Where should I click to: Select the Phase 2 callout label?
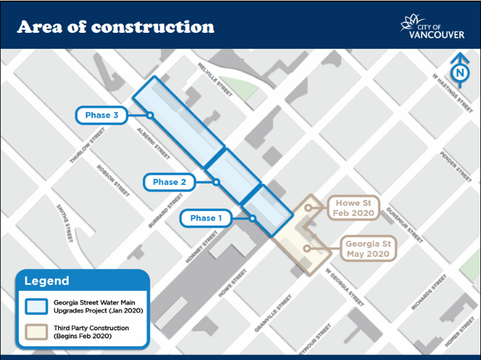click(169, 182)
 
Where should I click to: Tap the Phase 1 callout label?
click(206, 218)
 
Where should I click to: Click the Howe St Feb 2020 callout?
click(355, 208)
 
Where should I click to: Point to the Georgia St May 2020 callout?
click(368, 249)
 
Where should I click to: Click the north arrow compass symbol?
click(459, 70)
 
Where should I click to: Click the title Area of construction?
click(116, 27)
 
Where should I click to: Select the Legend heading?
click(47, 281)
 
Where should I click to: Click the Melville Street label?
click(215, 79)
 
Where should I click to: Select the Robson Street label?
click(113, 180)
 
